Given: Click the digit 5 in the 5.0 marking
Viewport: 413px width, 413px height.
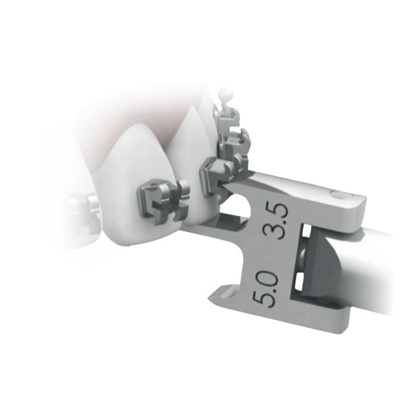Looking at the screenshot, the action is point(262,299).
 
